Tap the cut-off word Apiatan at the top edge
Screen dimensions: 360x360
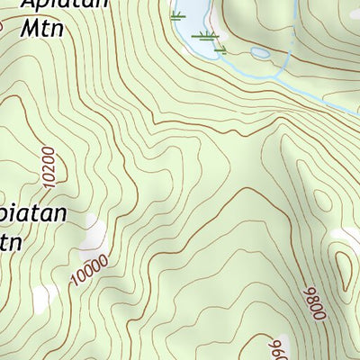point(63,4)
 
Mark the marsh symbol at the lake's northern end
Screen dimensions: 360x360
point(178,15)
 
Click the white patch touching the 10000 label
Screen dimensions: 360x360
point(93,238)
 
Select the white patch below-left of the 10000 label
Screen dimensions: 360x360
point(40,297)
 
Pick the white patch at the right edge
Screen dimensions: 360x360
point(346,236)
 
